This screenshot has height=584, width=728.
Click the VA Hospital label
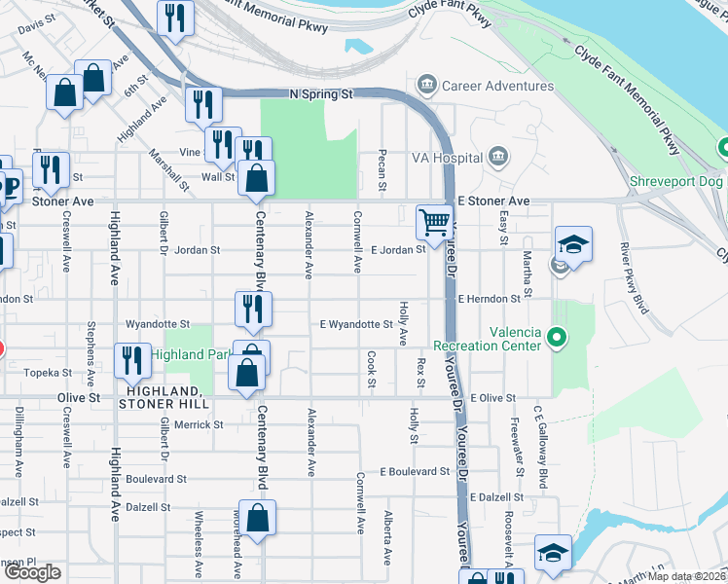click(447, 158)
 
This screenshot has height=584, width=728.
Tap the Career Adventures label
click(497, 86)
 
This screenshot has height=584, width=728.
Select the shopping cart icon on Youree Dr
click(433, 221)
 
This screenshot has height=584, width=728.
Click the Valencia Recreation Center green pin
click(556, 339)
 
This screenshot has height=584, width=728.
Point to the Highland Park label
click(189, 354)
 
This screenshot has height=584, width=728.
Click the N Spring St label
click(319, 94)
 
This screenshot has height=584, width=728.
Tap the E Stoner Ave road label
click(493, 201)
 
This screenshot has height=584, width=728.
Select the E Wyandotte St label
click(356, 324)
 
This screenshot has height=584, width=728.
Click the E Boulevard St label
click(415, 471)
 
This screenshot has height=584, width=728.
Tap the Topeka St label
click(54, 373)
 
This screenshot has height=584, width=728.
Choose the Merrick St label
click(200, 424)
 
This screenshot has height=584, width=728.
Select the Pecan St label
click(382, 170)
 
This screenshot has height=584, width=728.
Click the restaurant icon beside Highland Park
click(129, 360)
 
